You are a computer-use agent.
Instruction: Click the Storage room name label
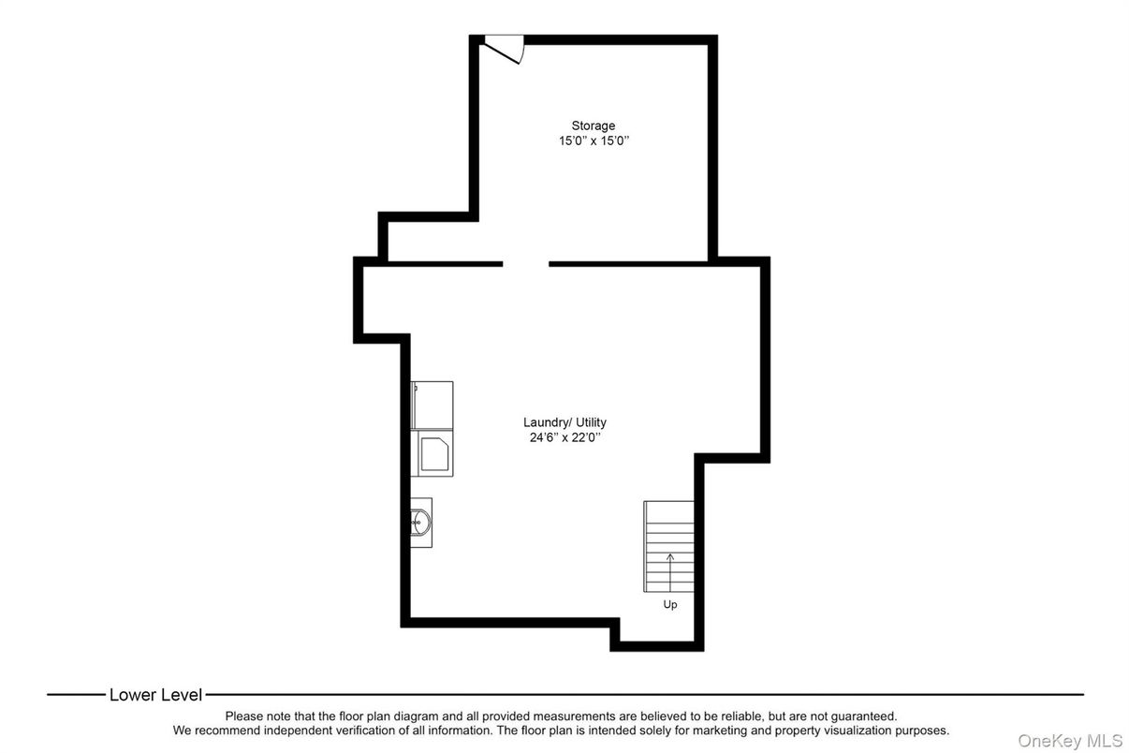594,125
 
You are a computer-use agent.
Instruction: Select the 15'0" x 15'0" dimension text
594,141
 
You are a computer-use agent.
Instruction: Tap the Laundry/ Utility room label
564,422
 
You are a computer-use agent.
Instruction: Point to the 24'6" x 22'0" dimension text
564,437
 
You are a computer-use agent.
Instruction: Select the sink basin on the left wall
420,522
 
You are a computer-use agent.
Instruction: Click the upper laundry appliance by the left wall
432,405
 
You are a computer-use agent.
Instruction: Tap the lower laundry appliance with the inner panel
433,454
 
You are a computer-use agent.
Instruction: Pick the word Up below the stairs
670,605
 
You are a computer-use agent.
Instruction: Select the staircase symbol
668,546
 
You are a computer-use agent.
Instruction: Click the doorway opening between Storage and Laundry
525,264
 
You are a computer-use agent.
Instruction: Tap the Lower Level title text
155,695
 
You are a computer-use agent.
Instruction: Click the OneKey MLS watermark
1070,741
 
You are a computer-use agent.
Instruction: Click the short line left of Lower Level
76,695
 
